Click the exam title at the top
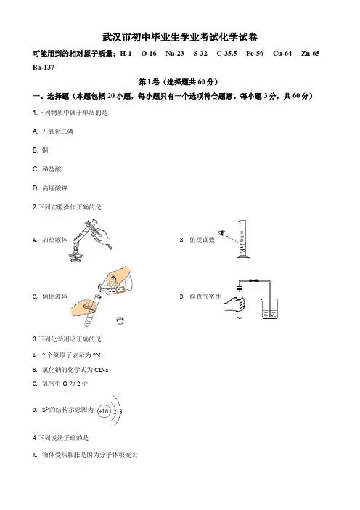180,37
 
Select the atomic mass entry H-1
126,54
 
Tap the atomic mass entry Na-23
175,54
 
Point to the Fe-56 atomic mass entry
255,54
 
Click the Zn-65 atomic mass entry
311,54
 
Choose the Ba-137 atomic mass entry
44,68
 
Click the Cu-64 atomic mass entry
282,54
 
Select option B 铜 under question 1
41,150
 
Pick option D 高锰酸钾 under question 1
50,188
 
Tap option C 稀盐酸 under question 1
46,169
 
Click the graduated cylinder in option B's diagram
242,240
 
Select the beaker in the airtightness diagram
270,308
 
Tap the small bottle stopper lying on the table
120,320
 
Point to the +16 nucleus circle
104,411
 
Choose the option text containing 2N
67,355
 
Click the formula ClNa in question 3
101,370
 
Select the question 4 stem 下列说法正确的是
60,438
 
